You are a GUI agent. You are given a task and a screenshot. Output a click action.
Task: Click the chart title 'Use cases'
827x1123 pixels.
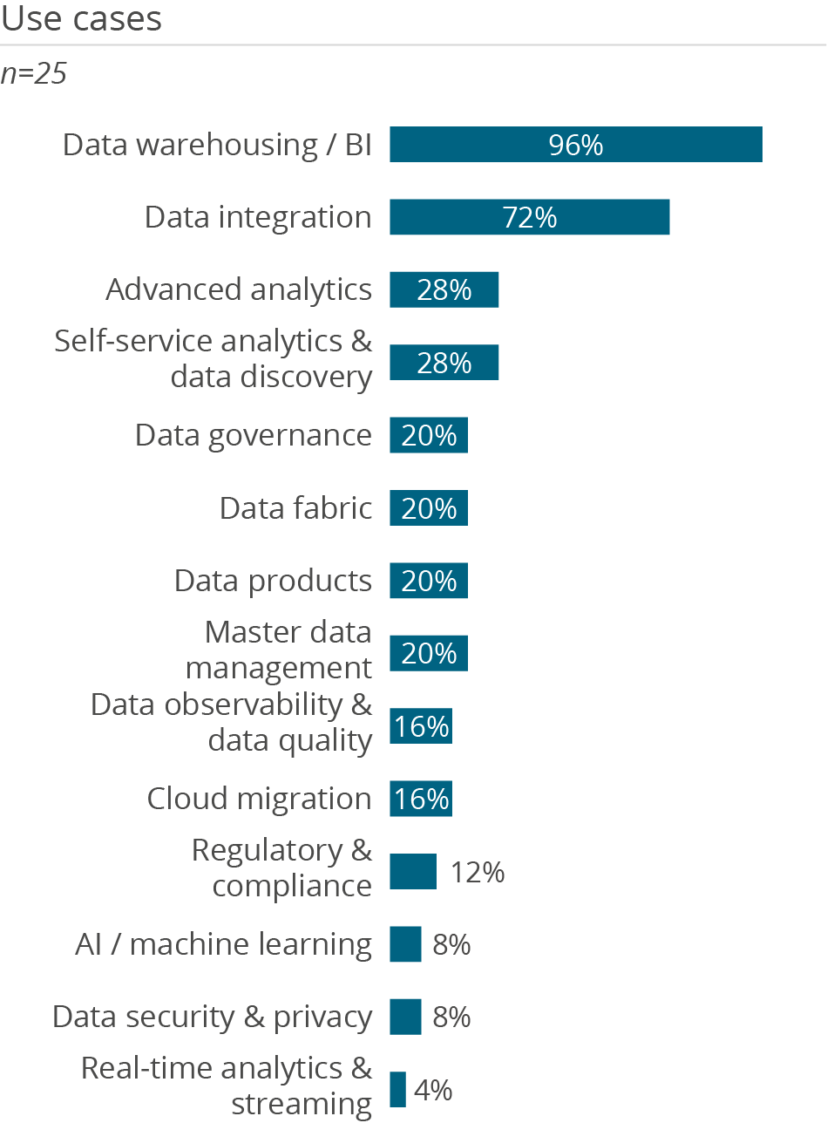[81, 19]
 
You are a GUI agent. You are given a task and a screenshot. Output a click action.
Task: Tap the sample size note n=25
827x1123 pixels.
[34, 74]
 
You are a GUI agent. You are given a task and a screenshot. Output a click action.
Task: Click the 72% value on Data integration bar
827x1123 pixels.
[530, 217]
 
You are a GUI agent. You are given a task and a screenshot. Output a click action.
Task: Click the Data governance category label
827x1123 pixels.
[254, 434]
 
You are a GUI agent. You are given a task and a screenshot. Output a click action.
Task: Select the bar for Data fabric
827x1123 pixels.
[428, 507]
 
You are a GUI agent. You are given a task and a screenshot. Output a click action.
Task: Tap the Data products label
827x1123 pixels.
[273, 580]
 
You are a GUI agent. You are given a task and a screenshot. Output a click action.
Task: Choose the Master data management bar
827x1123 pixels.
[428, 653]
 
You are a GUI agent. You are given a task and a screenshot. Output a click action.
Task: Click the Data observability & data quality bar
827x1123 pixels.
[420, 725]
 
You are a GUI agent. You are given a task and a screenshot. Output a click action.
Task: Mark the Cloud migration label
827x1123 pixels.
[259, 798]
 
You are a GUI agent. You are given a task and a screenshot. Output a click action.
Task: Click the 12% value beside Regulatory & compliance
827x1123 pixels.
[478, 871]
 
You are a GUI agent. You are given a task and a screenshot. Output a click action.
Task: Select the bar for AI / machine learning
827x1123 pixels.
[405, 944]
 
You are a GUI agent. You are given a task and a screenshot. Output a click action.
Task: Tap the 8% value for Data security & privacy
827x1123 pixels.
[451, 1017]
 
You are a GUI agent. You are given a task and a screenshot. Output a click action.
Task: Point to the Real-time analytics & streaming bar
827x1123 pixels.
[397, 1089]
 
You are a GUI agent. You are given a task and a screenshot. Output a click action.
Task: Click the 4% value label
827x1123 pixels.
[432, 1089]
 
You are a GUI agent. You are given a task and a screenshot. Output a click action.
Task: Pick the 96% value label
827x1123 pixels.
[576, 145]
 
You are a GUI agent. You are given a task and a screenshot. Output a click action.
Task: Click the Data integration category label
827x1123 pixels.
[258, 217]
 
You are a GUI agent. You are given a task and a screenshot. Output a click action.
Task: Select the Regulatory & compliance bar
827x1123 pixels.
[413, 871]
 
